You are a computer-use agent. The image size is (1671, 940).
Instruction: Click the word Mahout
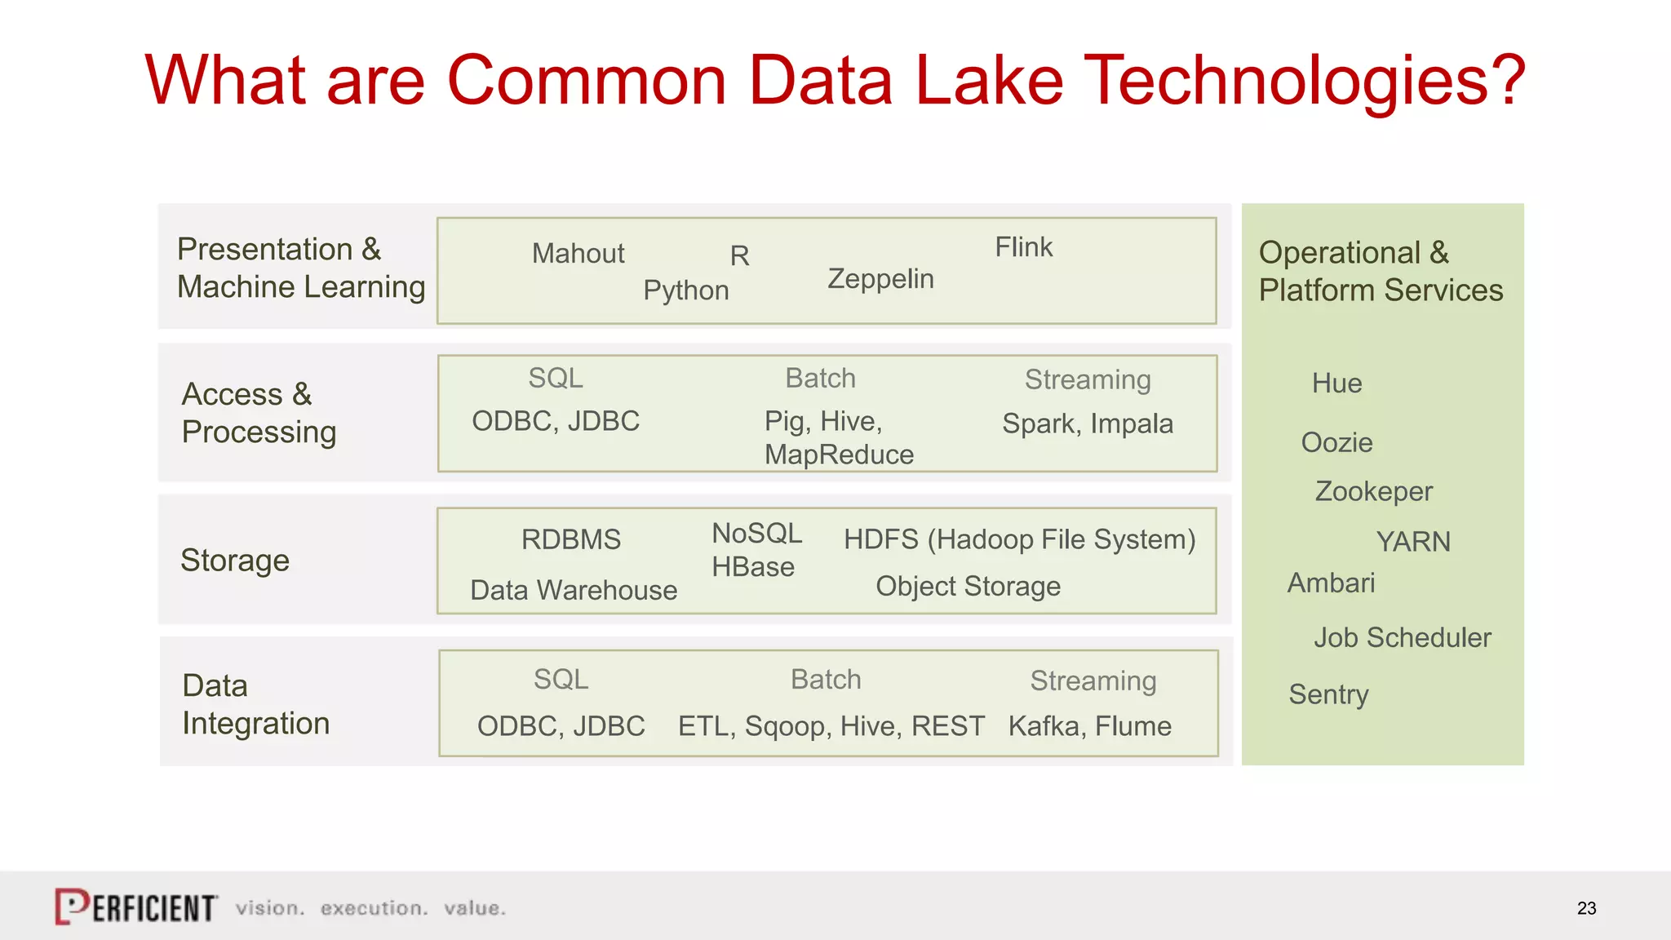click(578, 254)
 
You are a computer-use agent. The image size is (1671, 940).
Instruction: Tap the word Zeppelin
click(880, 279)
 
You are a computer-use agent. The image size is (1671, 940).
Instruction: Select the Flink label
click(1023, 247)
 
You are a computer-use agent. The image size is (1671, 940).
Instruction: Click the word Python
click(685, 290)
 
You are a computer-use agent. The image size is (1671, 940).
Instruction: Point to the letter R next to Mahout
click(739, 256)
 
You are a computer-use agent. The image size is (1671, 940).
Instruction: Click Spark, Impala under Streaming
click(1087, 423)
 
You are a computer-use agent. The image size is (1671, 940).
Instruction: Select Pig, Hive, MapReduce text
click(838, 438)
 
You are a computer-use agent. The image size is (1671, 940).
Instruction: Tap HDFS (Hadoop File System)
click(1019, 539)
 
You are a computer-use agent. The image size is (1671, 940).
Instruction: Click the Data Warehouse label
click(574, 590)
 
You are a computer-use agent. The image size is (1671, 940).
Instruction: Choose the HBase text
click(752, 567)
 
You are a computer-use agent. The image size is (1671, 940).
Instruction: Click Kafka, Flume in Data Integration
click(1089, 726)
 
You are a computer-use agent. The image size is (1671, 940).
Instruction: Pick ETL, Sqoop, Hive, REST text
click(831, 726)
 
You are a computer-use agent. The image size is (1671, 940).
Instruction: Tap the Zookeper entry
click(1373, 491)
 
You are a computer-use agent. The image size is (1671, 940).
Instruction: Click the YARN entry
click(1412, 542)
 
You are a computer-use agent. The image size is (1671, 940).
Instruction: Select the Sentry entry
click(1328, 694)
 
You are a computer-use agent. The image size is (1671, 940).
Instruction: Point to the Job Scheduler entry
click(1402, 637)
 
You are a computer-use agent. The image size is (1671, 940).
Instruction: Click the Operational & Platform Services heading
click(1380, 272)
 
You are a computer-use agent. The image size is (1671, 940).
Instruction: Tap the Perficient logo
click(136, 907)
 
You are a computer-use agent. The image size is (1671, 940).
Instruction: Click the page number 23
click(1586, 908)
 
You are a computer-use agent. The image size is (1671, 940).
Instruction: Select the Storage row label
click(235, 561)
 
